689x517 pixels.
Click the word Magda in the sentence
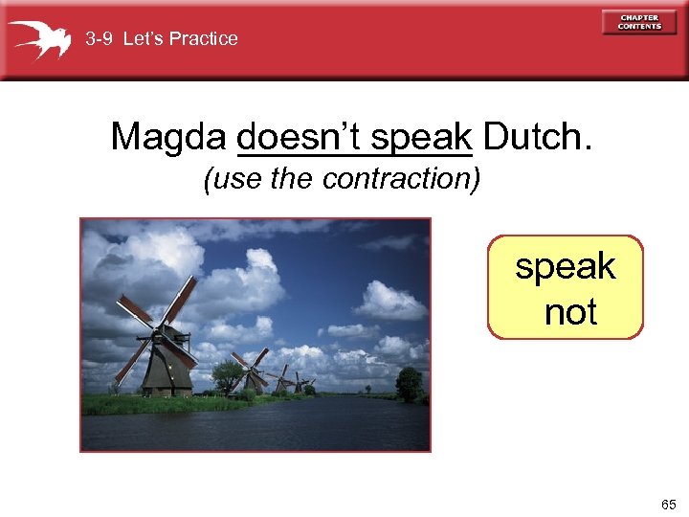(168, 137)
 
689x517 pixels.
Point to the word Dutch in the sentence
(537, 137)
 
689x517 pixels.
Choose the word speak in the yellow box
(566, 266)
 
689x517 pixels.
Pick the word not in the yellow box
(570, 312)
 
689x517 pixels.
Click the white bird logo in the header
(40, 39)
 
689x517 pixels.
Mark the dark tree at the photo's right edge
(410, 382)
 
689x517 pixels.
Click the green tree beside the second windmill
(228, 376)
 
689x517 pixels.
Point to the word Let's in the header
(146, 39)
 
